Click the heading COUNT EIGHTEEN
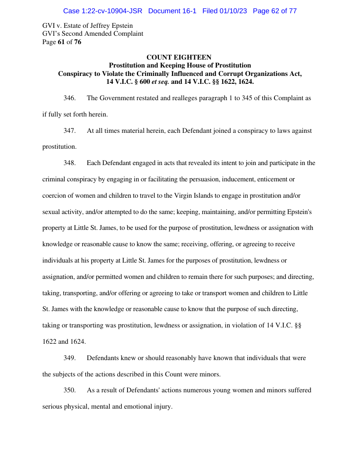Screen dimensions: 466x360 [179, 57]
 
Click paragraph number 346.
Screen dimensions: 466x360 [69, 98]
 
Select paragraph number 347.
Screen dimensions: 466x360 [69, 131]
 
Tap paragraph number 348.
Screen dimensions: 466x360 [69, 163]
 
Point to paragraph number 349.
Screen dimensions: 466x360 [69, 358]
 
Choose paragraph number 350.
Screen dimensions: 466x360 [69, 390]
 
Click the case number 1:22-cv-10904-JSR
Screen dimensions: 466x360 [102, 11]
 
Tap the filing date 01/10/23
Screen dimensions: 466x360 [232, 11]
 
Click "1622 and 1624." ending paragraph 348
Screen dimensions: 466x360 [64, 342]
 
